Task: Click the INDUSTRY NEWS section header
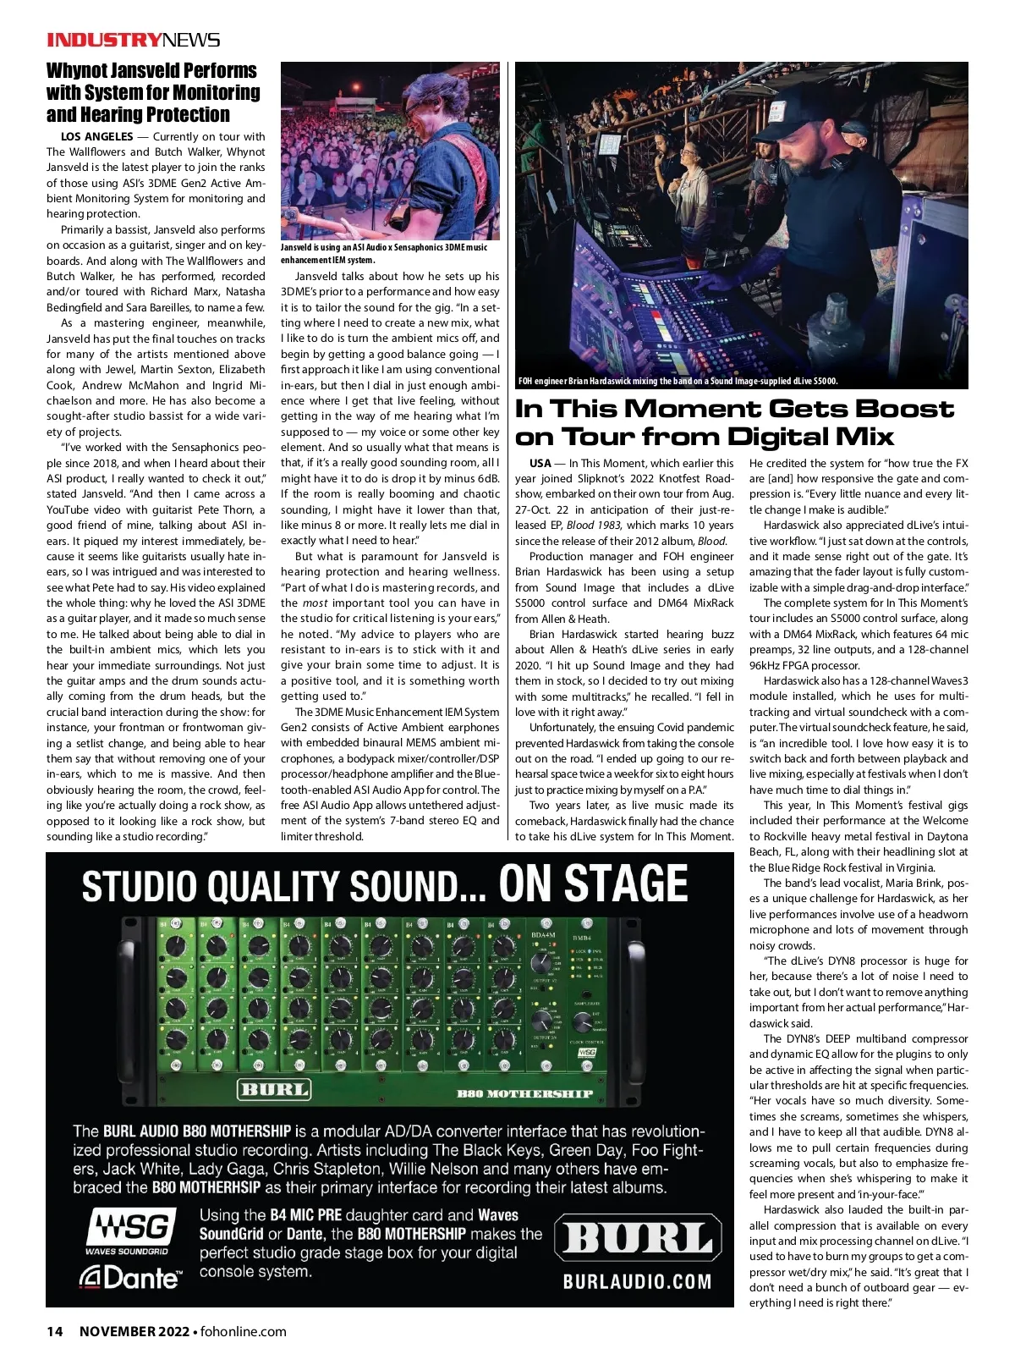coord(133,40)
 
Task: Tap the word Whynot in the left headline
coord(80,70)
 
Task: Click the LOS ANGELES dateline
coord(96,136)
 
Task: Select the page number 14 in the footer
coord(54,1331)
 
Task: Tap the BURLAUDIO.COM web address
coord(637,1281)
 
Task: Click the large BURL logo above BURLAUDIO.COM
coord(638,1239)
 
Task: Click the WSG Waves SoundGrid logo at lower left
coord(129,1230)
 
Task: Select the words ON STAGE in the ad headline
coord(593,883)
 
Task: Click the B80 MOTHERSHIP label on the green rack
coord(524,1093)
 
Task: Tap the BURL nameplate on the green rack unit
coord(273,1088)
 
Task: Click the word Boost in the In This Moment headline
coord(905,409)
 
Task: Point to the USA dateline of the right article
coord(540,463)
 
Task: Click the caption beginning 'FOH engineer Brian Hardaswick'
coord(677,381)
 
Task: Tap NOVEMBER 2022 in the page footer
coord(134,1331)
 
